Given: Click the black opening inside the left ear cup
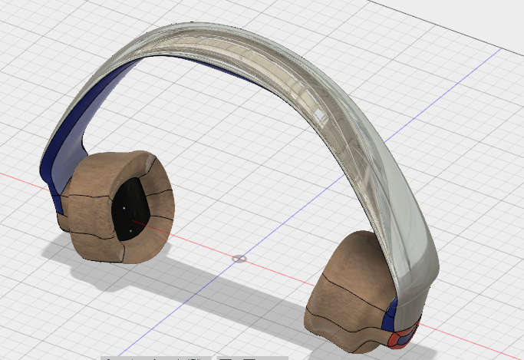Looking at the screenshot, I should click(135, 203).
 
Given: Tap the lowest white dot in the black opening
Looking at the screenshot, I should click(131, 230).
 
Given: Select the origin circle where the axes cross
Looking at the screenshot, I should click(239, 259).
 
